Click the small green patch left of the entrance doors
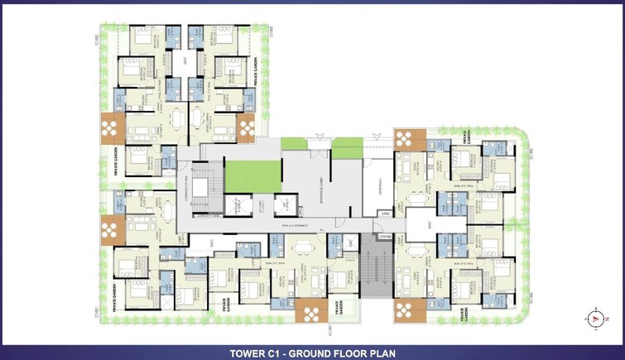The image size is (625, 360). pyautogui.click(x=293, y=144)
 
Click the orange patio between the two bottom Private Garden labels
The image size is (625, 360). pyautogui.click(x=310, y=313)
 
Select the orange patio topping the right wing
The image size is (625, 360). pyautogui.click(x=408, y=138)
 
